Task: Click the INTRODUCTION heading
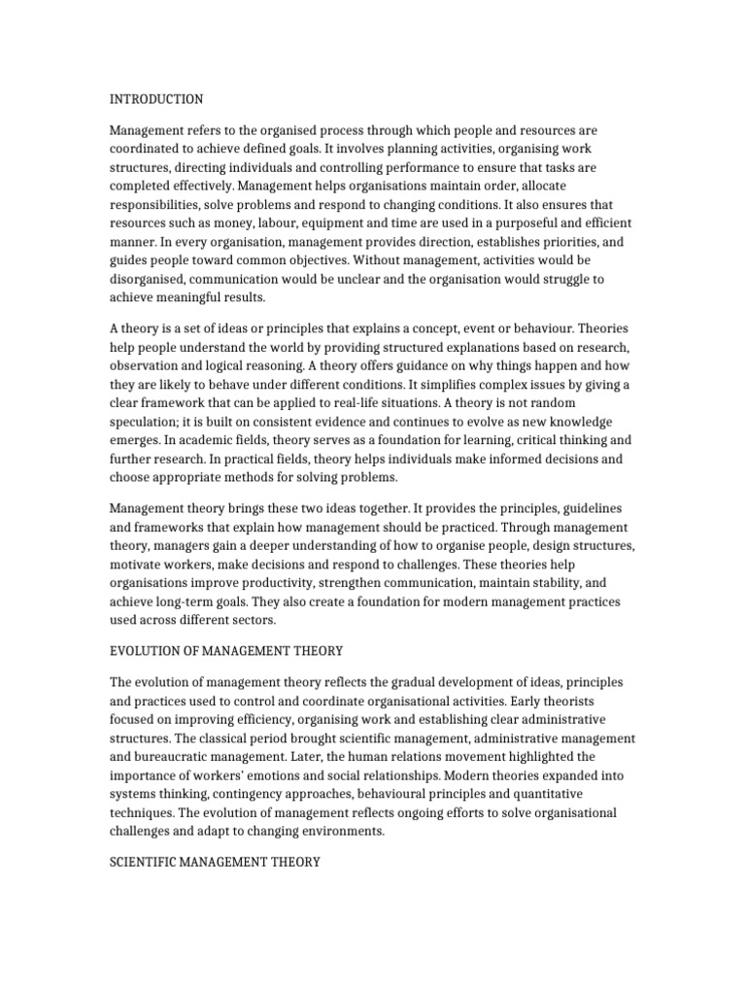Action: (x=155, y=99)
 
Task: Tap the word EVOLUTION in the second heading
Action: (x=148, y=650)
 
